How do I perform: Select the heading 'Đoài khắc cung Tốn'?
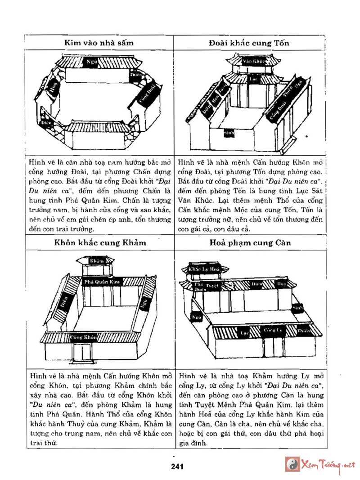click(x=248, y=43)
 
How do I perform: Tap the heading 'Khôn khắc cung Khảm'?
click(x=100, y=242)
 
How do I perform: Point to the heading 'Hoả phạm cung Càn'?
click(x=250, y=242)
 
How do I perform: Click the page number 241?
click(x=177, y=467)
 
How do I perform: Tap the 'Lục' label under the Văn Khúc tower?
click(x=252, y=78)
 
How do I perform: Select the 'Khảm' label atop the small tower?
click(x=96, y=261)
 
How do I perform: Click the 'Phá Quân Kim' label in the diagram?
click(x=102, y=282)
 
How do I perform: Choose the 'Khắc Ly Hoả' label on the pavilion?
click(x=203, y=268)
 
